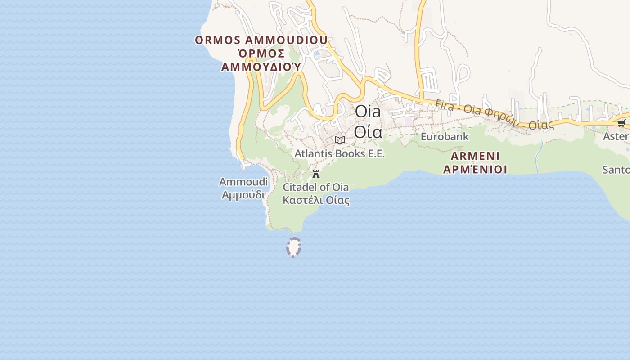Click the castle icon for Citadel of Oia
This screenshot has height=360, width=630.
(316, 174)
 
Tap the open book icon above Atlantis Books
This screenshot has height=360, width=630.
(340, 140)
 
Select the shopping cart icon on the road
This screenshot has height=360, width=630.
(621, 123)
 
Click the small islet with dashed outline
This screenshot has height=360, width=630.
(293, 247)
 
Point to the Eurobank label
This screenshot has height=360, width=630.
(445, 136)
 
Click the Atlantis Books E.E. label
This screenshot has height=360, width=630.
(340, 153)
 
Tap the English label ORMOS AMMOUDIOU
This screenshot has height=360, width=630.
(261, 40)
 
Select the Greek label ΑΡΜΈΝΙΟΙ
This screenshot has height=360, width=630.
(475, 170)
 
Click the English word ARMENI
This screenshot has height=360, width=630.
(475, 156)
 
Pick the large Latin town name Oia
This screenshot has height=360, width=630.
(368, 112)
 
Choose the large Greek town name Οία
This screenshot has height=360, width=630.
(368, 132)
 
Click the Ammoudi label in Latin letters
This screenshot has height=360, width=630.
(243, 182)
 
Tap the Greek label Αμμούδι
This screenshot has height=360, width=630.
(243, 195)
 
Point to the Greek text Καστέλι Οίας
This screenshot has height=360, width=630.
(316, 200)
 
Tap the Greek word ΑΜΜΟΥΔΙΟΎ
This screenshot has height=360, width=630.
(261, 67)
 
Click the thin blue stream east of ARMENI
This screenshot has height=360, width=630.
(539, 157)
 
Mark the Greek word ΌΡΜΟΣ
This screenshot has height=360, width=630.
(261, 54)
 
